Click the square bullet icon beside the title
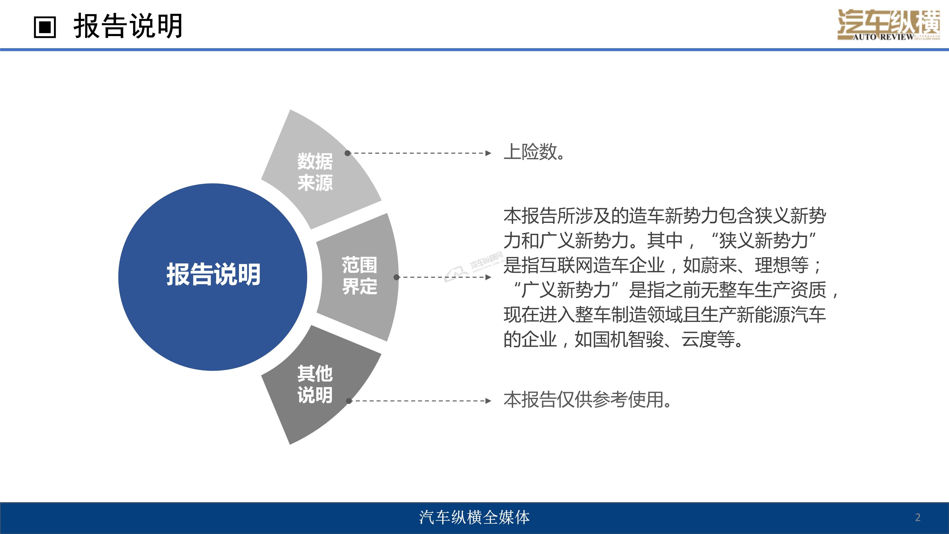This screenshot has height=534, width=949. click(x=45, y=27)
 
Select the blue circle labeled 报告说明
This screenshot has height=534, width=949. click(x=213, y=277)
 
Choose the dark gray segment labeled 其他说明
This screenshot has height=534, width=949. click(x=321, y=385)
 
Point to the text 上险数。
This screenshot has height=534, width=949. click(x=534, y=152)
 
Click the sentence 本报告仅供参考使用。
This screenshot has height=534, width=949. click(x=588, y=400)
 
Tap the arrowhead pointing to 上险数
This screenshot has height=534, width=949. click(x=488, y=153)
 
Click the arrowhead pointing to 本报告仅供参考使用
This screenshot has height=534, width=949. click(x=488, y=401)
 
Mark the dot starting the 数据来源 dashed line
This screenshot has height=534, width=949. click(x=347, y=153)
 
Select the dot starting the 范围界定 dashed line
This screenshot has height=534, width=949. click(x=396, y=277)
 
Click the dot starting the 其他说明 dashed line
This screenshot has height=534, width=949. click(x=349, y=401)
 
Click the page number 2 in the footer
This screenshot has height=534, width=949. click(x=918, y=517)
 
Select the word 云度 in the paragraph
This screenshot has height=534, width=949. click(x=699, y=339)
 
